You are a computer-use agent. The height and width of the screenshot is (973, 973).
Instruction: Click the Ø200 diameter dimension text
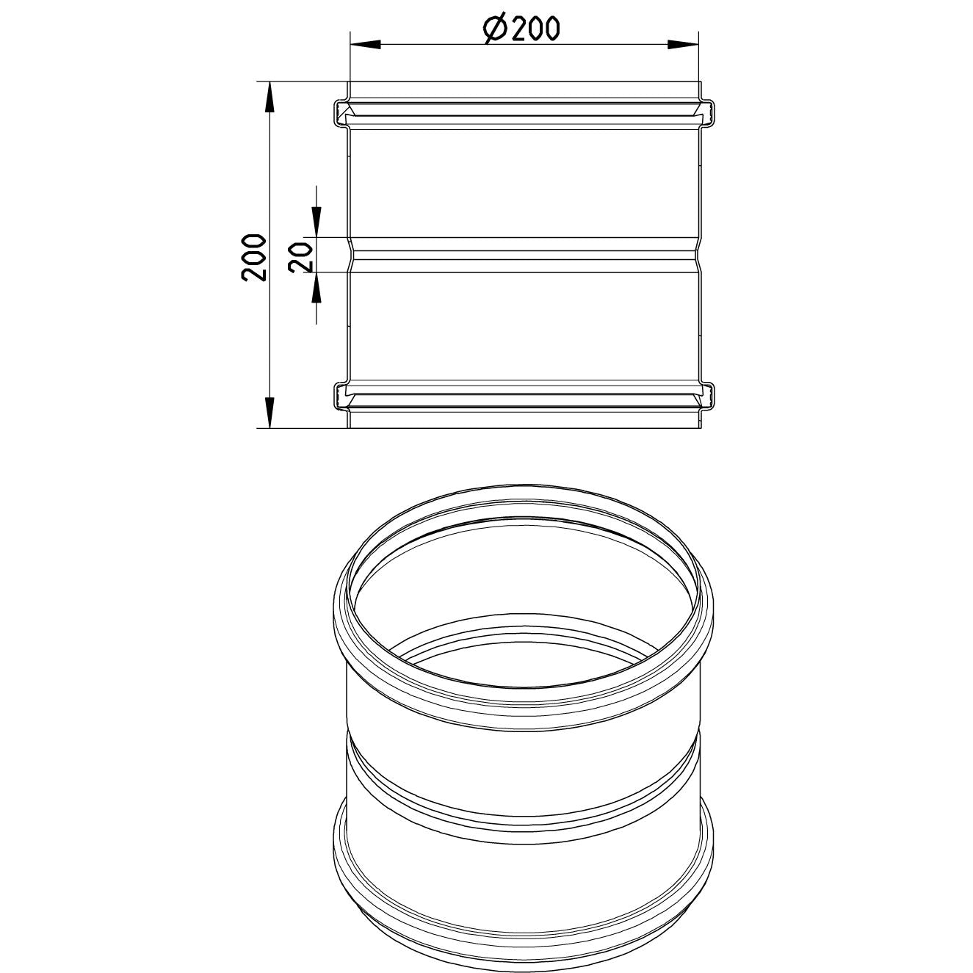(521, 29)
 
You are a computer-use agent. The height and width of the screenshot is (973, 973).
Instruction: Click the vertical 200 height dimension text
(253, 257)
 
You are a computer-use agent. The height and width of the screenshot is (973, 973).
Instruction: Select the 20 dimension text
(301, 257)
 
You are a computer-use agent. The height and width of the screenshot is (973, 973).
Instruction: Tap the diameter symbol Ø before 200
(495, 29)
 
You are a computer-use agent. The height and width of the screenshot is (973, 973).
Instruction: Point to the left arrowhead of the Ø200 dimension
(364, 45)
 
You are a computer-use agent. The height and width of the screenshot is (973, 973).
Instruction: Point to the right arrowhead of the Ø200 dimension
(683, 45)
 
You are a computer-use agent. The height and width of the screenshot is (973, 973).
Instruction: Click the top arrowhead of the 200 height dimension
(270, 97)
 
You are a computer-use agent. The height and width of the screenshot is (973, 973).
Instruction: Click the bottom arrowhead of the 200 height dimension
(270, 413)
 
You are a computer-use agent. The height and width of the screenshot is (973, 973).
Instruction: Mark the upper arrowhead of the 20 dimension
(316, 222)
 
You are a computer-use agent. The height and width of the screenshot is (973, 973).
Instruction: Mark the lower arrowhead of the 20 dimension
(316, 289)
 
